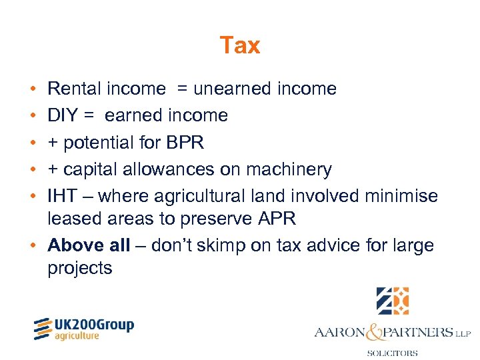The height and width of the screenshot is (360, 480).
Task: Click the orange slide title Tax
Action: point(240,45)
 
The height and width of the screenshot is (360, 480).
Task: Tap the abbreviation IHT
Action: point(62,197)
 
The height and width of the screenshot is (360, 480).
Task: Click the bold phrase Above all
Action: point(89,245)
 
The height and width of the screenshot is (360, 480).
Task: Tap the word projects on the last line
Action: point(80,268)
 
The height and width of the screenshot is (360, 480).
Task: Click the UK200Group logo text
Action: point(93,325)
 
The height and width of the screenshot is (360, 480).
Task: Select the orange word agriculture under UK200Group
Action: point(77,336)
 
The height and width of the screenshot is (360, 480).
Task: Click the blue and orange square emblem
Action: point(393,300)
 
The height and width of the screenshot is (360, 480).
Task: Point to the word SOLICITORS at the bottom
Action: point(393,353)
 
